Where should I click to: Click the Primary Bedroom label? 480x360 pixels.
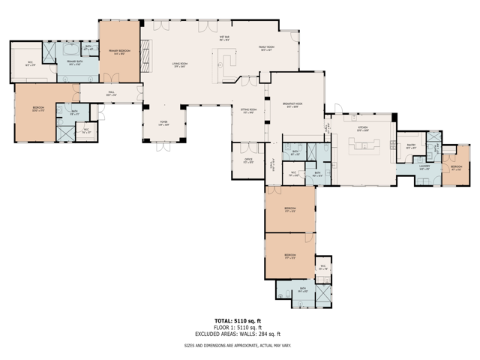119,52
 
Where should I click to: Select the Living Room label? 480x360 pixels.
180,65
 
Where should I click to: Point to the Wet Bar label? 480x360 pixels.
224,37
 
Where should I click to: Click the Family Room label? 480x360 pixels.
268,49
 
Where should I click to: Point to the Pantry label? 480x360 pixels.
412,146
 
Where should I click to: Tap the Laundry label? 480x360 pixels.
424,169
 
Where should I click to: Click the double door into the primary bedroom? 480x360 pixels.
110,78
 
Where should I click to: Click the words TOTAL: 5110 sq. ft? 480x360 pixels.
237,321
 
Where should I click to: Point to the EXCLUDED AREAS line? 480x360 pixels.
237,334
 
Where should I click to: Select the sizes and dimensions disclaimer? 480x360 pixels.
237,346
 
